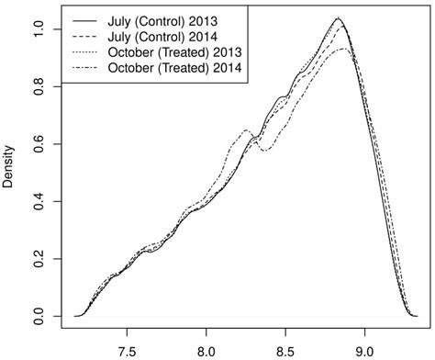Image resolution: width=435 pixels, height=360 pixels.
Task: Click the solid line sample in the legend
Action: pyautogui.click(x=87, y=18)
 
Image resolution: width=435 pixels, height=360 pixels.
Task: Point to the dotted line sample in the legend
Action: pyautogui.click(x=87, y=52)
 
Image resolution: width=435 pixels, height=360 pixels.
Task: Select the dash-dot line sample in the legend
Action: pyautogui.click(x=87, y=70)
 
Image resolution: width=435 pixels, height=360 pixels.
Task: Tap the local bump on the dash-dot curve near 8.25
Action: pyautogui.click(x=247, y=130)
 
